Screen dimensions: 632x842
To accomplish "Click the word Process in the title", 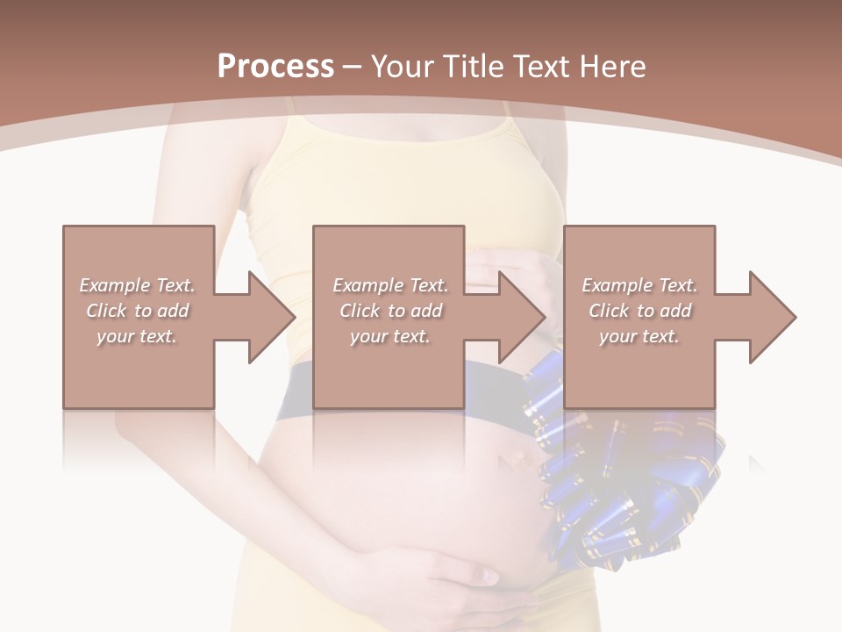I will pyautogui.click(x=275, y=67).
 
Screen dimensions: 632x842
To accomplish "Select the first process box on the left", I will pyautogui.click(x=139, y=369).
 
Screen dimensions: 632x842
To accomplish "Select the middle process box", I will pyautogui.click(x=389, y=369).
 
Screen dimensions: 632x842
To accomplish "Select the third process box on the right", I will pyautogui.click(x=639, y=369).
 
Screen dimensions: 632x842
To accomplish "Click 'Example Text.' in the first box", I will pyautogui.click(x=138, y=285).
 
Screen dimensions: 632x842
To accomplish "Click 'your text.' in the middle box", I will pyautogui.click(x=389, y=336).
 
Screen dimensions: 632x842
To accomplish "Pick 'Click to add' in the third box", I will pyautogui.click(x=639, y=311).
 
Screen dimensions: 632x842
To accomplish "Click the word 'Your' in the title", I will pyautogui.click(x=403, y=67).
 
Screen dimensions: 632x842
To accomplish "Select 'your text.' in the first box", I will pyautogui.click(x=137, y=336).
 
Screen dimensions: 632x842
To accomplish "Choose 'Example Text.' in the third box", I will pyautogui.click(x=639, y=285).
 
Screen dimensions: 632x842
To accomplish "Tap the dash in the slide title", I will pyautogui.click(x=353, y=67).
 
